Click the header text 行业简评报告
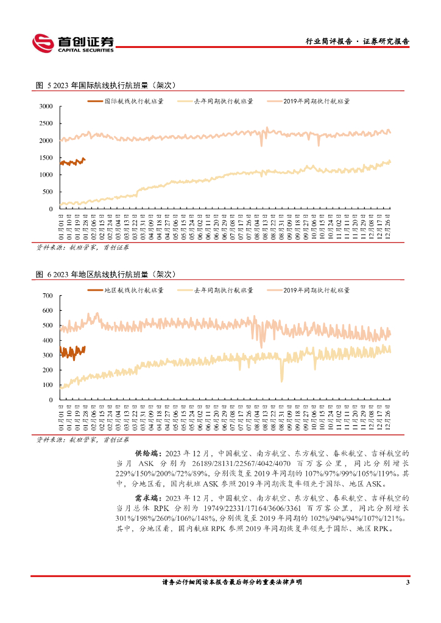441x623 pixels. (328, 41)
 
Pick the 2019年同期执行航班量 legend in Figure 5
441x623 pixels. (316, 102)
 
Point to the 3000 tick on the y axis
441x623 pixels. (46, 106)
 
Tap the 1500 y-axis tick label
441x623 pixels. (46, 158)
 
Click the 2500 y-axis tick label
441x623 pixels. (46, 124)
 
